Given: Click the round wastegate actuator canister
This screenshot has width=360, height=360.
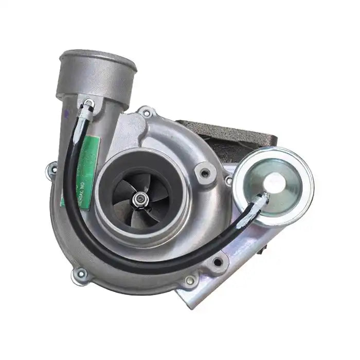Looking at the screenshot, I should pyautogui.click(x=273, y=179).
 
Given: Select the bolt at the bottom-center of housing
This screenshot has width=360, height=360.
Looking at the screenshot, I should pyautogui.click(x=190, y=280).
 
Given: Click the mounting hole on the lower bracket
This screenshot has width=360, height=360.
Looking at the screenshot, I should pyautogui.click(x=219, y=262).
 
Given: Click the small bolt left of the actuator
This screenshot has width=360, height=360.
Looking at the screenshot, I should pyautogui.click(x=228, y=181).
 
